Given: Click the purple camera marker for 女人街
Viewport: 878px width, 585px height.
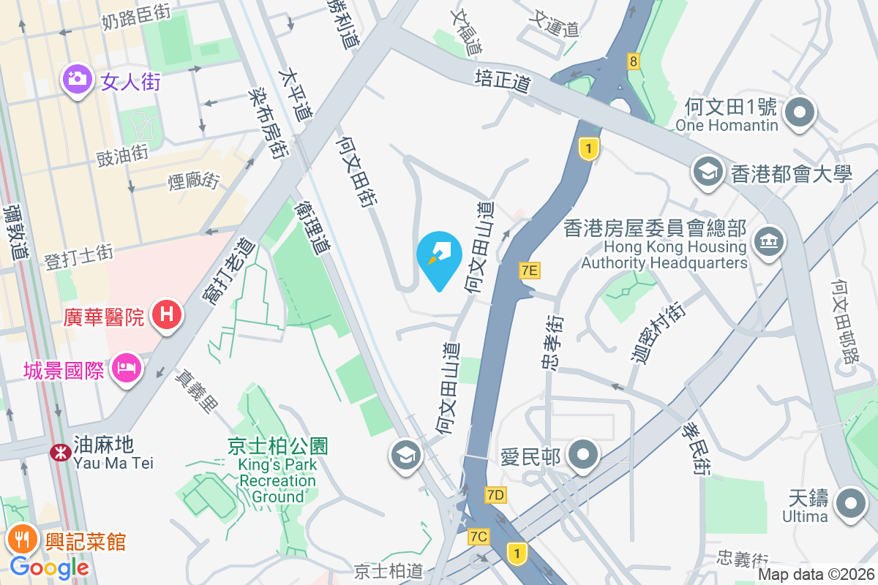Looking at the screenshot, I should click(x=77, y=78).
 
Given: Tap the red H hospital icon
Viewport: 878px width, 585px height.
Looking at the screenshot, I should click(x=166, y=315).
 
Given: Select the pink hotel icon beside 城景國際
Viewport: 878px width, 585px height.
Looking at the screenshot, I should click(x=127, y=369).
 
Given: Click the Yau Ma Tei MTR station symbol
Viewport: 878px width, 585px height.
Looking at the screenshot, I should click(x=59, y=453).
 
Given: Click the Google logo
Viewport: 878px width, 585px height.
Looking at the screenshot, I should click(x=50, y=567).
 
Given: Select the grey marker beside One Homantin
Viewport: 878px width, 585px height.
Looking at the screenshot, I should click(x=800, y=113).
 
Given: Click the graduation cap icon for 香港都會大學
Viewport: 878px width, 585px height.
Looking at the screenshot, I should click(x=708, y=173).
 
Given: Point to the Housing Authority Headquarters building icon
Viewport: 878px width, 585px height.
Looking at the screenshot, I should click(x=768, y=241).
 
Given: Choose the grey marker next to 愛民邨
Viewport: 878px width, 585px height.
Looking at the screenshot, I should click(x=583, y=456).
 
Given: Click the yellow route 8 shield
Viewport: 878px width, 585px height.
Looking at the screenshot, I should click(x=633, y=61).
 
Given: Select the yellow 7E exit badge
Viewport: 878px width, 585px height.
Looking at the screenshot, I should click(x=530, y=271).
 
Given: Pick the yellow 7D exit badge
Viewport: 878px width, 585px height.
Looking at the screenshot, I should click(x=495, y=495).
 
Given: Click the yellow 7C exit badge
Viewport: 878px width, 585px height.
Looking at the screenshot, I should click(x=479, y=537).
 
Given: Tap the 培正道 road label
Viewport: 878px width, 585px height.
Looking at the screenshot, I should click(x=502, y=80).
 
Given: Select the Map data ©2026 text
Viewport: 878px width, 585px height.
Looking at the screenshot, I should click(x=816, y=575).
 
